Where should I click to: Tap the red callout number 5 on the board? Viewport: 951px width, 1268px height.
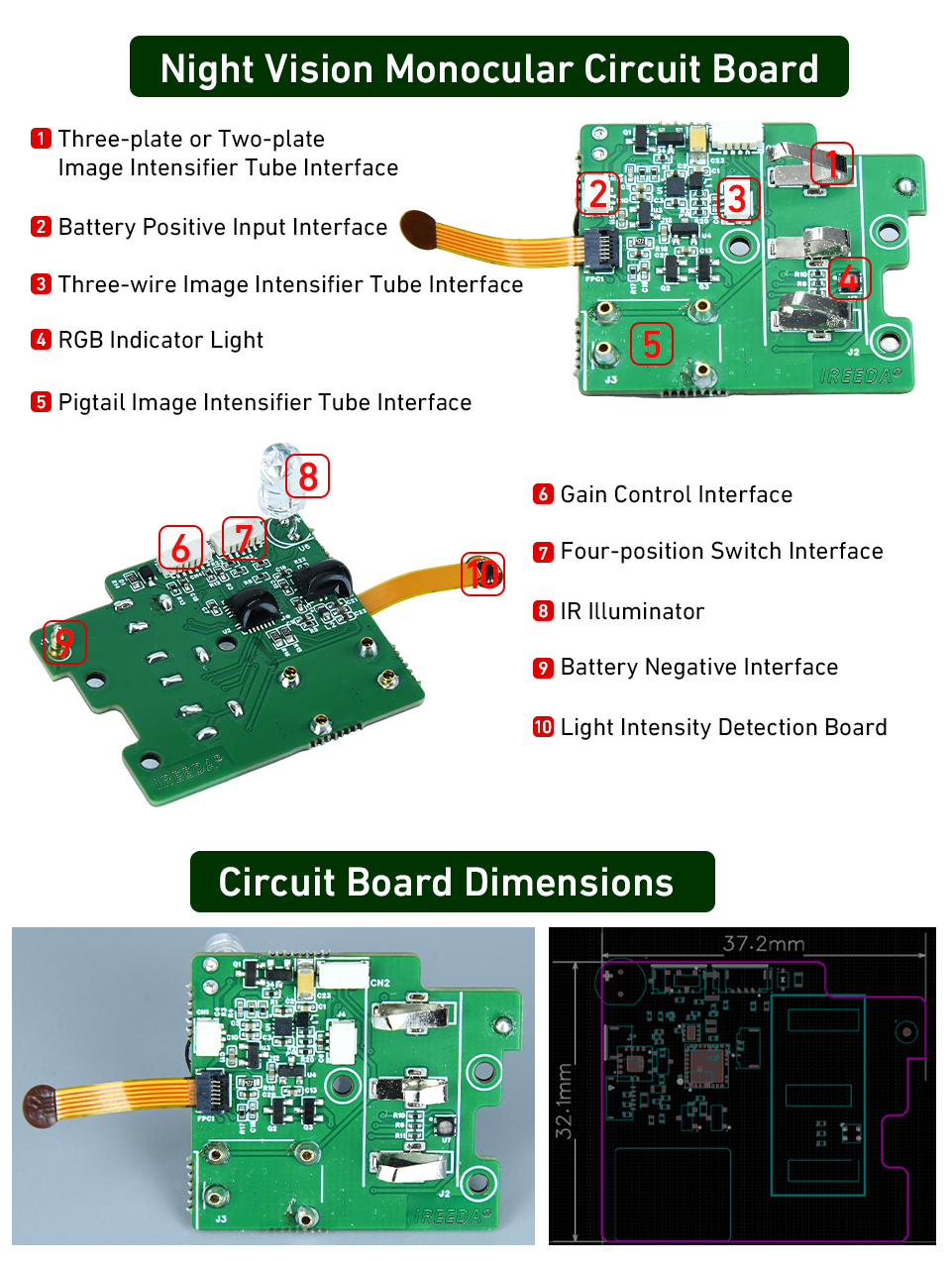(651, 344)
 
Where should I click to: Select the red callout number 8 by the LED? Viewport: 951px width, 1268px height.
(307, 476)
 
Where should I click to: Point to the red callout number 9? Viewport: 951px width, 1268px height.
(64, 642)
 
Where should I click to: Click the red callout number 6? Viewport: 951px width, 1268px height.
(180, 548)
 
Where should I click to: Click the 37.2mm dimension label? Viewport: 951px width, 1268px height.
(763, 943)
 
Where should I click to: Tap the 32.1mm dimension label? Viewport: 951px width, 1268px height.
(565, 1101)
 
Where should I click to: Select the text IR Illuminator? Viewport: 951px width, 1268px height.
(632, 611)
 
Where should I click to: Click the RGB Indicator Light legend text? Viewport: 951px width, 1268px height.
(160, 340)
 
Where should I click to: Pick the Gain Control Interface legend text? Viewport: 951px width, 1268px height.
(676, 494)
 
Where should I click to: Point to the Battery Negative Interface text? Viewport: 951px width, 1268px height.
(698, 667)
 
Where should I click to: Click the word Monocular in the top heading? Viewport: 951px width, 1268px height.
(478, 68)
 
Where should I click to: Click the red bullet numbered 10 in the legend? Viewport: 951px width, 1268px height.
(543, 727)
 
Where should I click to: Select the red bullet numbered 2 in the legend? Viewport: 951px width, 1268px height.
(41, 227)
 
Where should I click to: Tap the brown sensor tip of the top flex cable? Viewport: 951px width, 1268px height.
(420, 229)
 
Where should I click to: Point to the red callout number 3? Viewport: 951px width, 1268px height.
(737, 199)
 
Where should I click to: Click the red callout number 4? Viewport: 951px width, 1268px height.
(849, 278)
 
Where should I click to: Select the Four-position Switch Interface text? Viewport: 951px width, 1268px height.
(721, 551)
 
